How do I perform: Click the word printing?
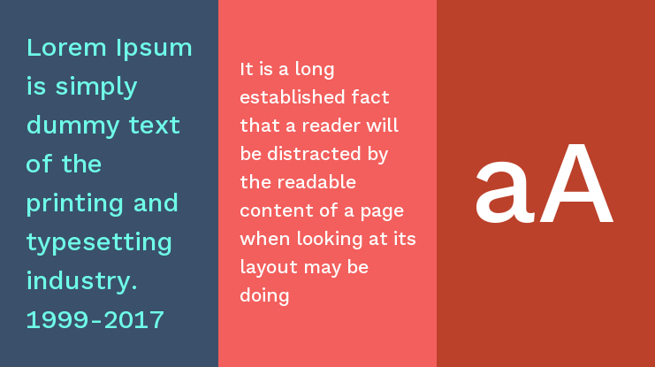point(75,204)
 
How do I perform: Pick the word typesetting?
point(99,243)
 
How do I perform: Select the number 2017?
point(133,320)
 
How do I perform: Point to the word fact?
point(370,97)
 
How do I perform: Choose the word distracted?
point(314,154)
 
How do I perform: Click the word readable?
point(316,182)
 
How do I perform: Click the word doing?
point(264,296)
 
